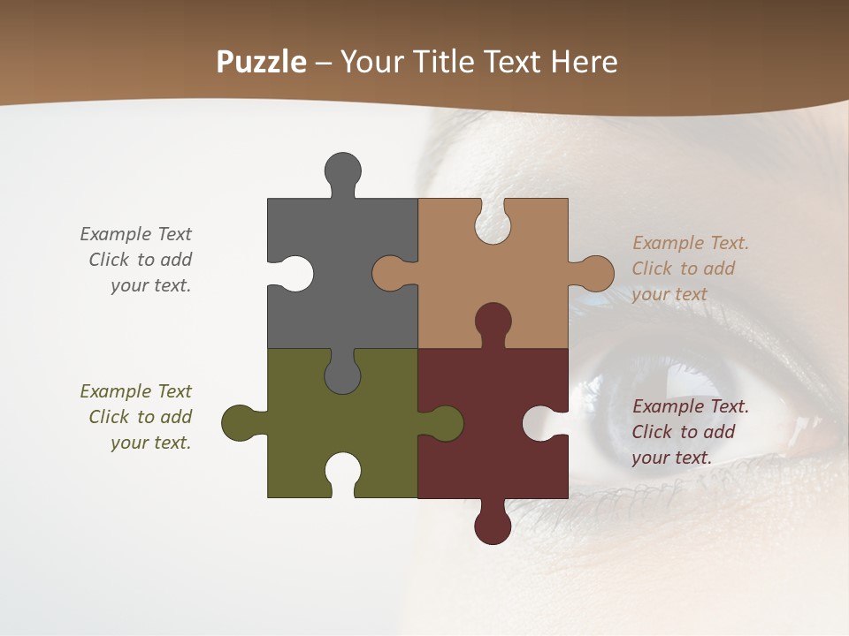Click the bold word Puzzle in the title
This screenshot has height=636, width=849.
[261, 62]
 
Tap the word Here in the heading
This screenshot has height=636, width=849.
[584, 62]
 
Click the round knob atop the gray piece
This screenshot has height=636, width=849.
[342, 170]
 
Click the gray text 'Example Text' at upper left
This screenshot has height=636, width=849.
[135, 234]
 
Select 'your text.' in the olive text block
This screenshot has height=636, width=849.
[150, 443]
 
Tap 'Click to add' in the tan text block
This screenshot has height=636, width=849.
[683, 269]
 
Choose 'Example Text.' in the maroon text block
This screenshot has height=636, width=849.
[690, 406]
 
